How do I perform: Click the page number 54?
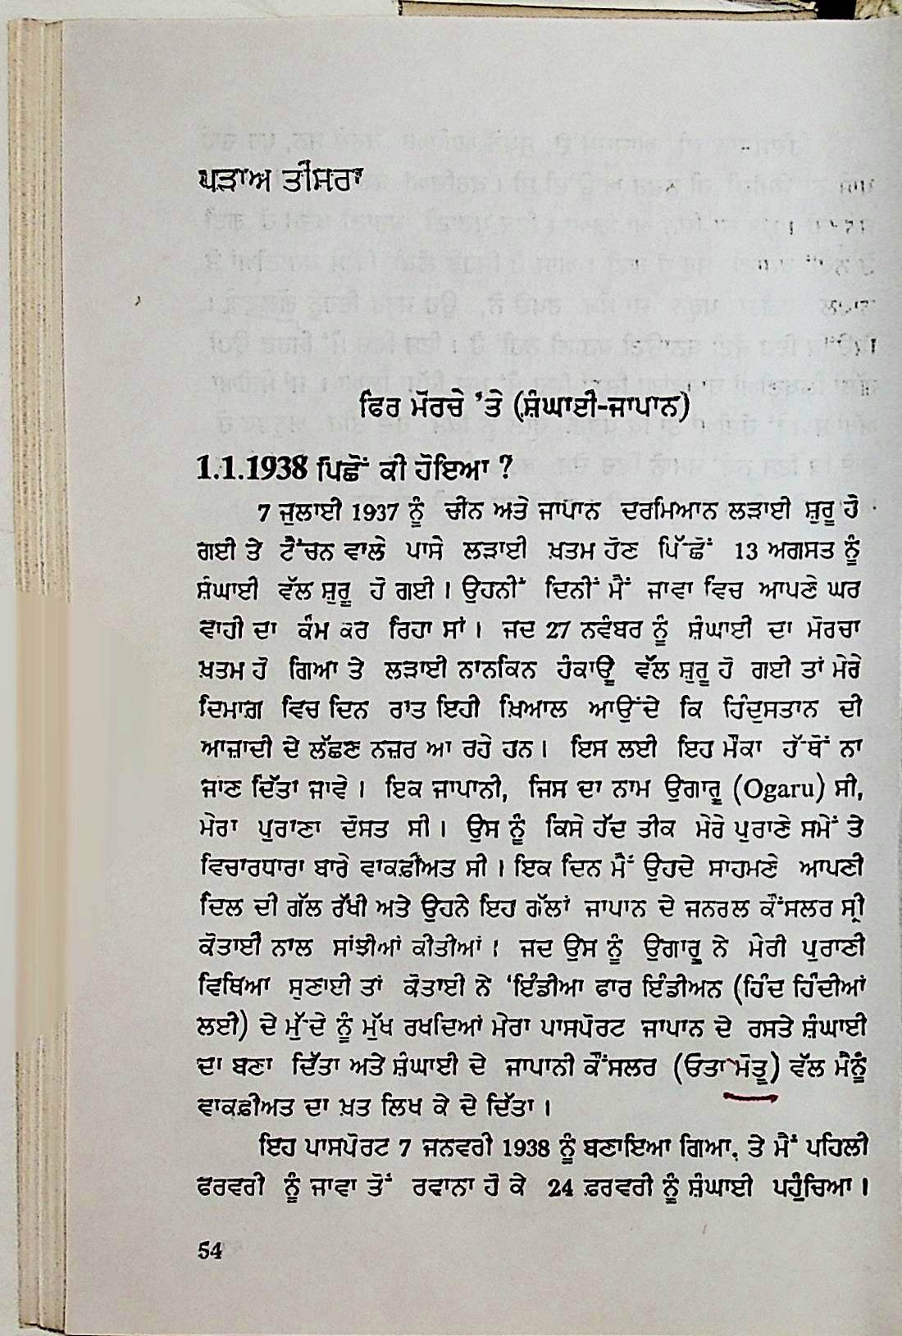(x=210, y=1250)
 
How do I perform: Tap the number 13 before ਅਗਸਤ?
(x=749, y=552)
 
